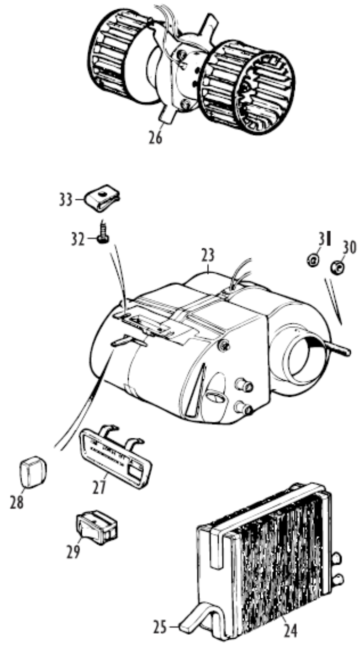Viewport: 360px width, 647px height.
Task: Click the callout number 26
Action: coord(155,138)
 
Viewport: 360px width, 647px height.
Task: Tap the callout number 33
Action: coord(66,200)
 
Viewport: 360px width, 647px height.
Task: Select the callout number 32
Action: coord(78,239)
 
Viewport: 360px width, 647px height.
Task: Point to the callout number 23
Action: coord(208,255)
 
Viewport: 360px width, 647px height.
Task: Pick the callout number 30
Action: coord(349,248)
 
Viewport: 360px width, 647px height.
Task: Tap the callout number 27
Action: coord(100,487)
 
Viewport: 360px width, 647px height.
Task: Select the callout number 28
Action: coord(17,502)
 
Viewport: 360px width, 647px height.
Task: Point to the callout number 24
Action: coord(290,631)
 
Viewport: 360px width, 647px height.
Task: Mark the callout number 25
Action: coord(160,627)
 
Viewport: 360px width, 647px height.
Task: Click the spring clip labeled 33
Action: coord(102,198)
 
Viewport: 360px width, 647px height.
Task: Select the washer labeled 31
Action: coord(313,262)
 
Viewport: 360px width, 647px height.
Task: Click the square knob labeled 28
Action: coord(33,472)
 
